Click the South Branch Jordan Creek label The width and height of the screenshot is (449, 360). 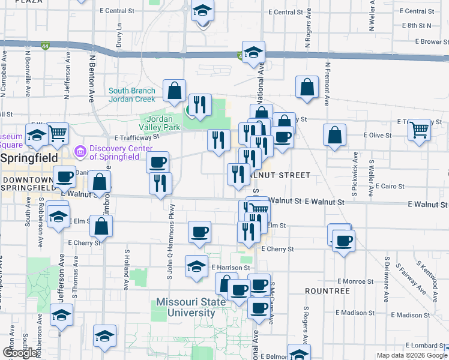[x=132, y=94]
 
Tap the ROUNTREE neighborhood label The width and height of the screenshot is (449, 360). [x=327, y=290]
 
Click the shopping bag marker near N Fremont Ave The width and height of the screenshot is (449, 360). [x=307, y=86]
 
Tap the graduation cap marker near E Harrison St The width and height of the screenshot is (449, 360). [x=196, y=265]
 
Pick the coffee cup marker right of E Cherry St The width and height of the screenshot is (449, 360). [x=344, y=241]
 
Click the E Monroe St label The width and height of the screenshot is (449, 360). [x=356, y=281]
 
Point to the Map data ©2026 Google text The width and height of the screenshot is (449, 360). [x=412, y=355]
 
